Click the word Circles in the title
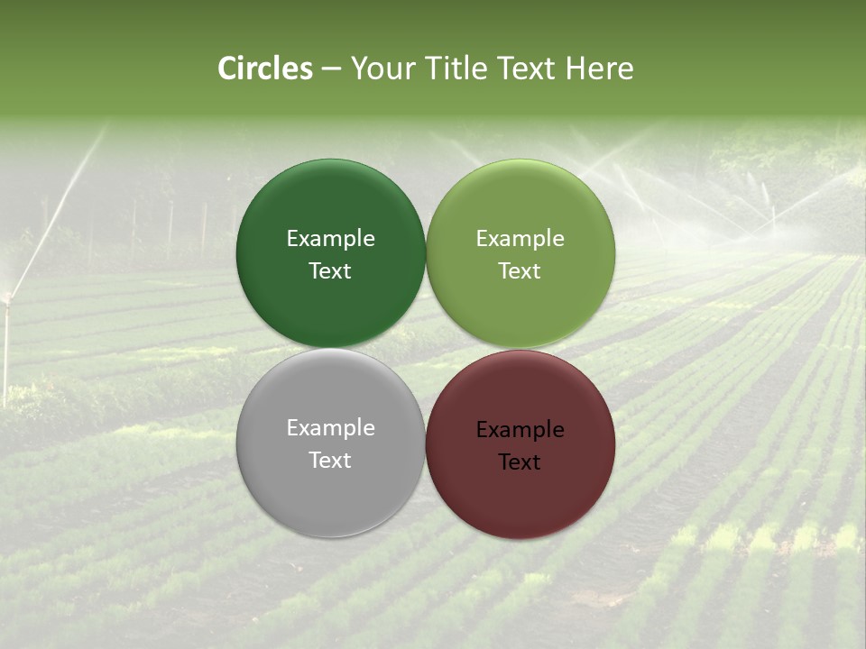coord(264,69)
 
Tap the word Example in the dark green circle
coord(330,239)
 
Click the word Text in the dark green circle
coord(330,271)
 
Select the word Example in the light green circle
coord(520,239)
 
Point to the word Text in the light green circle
coord(520,271)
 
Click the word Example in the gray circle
coord(330,428)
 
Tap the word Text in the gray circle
coord(330,461)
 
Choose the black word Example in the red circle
coord(520,430)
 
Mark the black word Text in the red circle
coord(520,462)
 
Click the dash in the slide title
coord(330,69)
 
